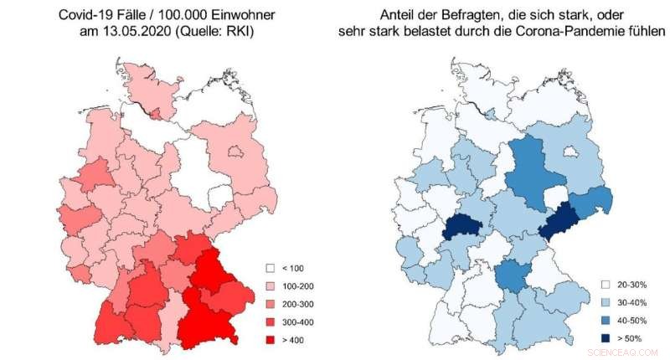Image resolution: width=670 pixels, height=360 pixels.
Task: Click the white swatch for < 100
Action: (271, 268)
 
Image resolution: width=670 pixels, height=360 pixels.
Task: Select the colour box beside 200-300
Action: (271, 304)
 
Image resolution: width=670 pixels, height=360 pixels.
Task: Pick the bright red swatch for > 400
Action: (271, 340)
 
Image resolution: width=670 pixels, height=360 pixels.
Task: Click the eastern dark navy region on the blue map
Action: (560, 221)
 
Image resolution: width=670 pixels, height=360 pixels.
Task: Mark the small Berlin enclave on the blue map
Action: (573, 152)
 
